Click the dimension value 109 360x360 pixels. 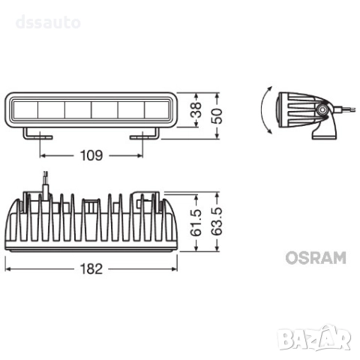[91, 156]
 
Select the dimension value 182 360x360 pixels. [91, 266]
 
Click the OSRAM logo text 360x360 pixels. [315, 259]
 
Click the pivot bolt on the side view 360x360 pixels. [321, 110]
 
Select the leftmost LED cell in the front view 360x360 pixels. [24, 112]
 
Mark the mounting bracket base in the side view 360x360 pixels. [325, 133]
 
